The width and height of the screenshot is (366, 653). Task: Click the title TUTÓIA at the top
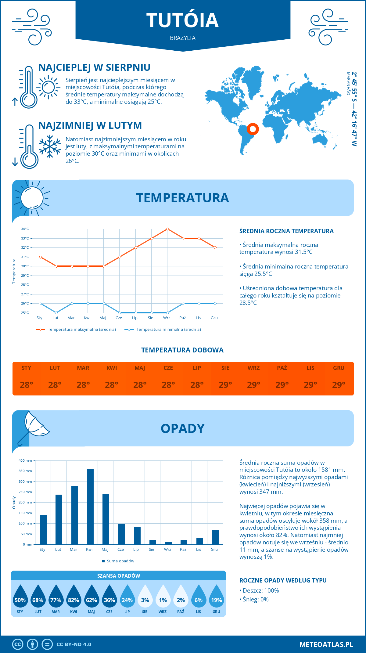182,20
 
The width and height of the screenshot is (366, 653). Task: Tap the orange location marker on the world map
253,129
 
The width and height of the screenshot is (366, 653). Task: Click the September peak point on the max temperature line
167,229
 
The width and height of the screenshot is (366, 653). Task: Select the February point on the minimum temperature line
56,313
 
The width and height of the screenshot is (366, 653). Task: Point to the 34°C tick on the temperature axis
25,229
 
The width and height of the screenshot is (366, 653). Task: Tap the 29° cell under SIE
225,385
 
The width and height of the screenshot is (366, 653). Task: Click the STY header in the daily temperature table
27,368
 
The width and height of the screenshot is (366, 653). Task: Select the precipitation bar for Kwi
90,507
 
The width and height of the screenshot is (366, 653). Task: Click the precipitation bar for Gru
215,537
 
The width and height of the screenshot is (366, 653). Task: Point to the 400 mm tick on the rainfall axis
26,460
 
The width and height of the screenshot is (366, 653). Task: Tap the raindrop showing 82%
74,597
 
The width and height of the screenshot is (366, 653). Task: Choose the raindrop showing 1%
163,597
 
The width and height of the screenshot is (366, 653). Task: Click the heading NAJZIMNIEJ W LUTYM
90,125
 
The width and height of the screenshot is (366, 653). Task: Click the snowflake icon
50,146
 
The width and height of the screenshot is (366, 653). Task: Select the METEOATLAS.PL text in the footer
326,644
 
